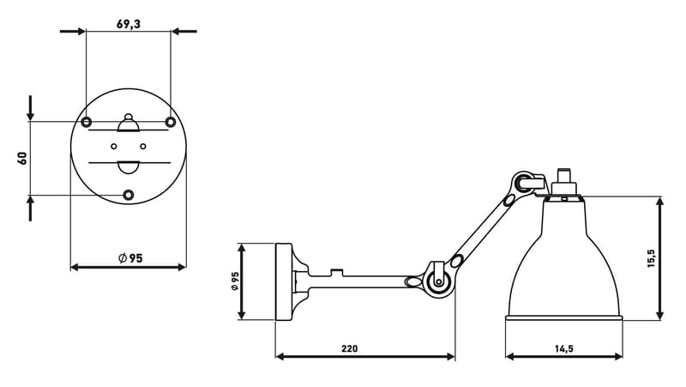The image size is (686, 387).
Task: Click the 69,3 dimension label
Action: (x=128, y=25)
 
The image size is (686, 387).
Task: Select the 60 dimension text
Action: (x=22, y=158)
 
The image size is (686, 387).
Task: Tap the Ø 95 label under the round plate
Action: (x=129, y=258)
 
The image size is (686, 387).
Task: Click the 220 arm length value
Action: (x=349, y=348)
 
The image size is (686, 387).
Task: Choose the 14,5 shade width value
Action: (x=563, y=348)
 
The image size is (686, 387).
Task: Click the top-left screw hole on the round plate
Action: (x=87, y=121)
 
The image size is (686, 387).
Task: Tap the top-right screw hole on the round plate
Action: (x=171, y=121)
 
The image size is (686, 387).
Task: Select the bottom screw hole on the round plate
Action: (x=129, y=195)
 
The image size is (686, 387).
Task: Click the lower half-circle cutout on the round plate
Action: (x=129, y=166)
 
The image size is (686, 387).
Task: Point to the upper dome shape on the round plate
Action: (x=129, y=126)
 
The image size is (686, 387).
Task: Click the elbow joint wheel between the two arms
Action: (x=438, y=281)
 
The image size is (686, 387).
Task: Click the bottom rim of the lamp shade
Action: (x=563, y=318)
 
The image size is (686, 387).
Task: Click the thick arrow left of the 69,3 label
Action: (x=73, y=32)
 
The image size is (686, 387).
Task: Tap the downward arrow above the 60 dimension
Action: (x=31, y=107)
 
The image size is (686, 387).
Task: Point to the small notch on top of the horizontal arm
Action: (x=338, y=273)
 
